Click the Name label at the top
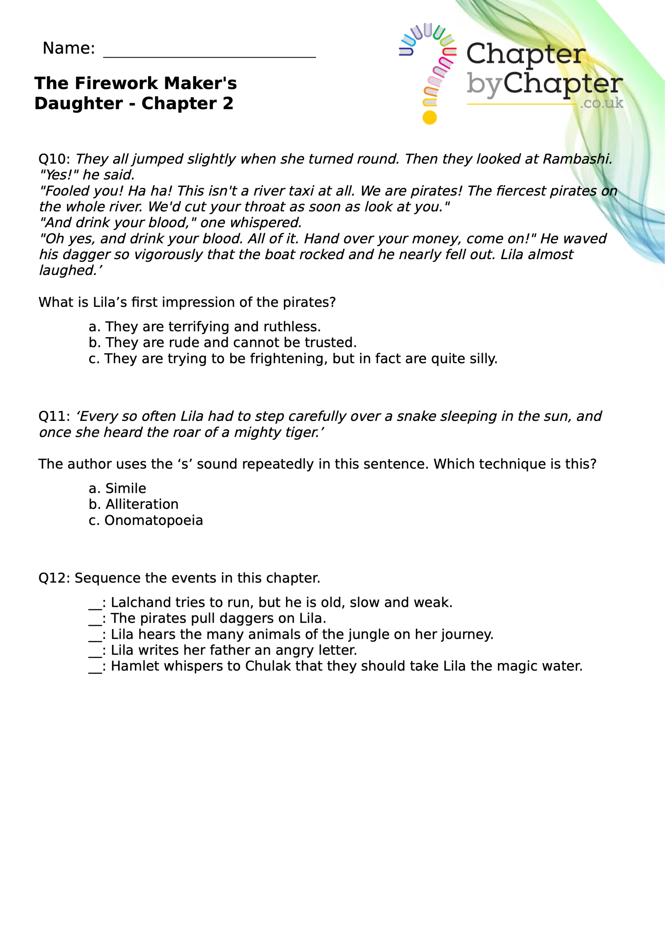(68, 49)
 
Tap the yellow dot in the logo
(429, 118)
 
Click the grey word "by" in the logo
(484, 84)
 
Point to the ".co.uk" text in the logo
(601, 103)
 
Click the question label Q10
(54, 159)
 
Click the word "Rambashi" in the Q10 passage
(577, 159)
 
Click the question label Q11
(54, 416)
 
